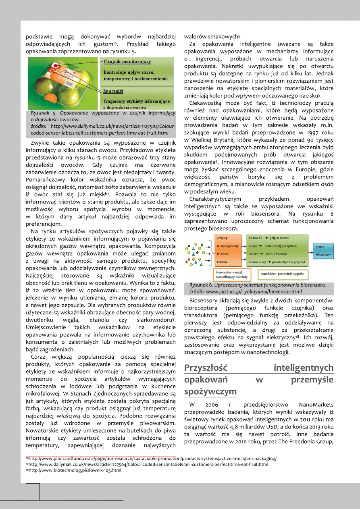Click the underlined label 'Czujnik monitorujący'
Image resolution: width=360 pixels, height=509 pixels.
point(127,61)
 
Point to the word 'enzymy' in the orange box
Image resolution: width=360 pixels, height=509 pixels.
point(222,239)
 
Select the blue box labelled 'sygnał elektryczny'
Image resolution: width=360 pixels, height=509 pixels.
point(323,250)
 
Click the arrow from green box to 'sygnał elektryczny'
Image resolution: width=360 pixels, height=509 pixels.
point(311,250)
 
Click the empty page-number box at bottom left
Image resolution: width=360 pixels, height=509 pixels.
point(33,491)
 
